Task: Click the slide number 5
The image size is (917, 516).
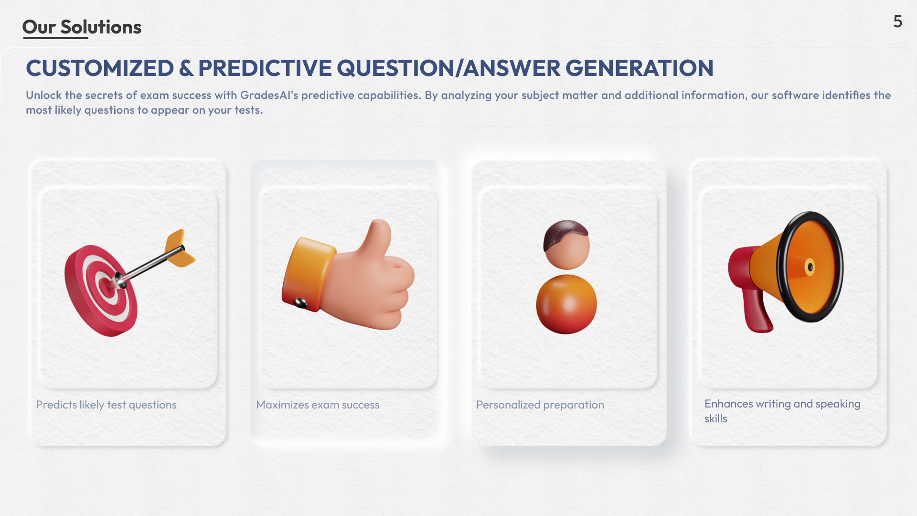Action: [x=897, y=21]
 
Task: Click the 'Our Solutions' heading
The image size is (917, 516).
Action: [x=82, y=27]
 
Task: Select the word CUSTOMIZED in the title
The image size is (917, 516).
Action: [x=100, y=68]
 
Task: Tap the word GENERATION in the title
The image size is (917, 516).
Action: [x=640, y=68]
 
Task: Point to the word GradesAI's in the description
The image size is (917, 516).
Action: [x=269, y=95]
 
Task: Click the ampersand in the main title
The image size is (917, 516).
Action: [x=186, y=68]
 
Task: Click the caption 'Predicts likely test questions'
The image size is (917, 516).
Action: [x=106, y=405]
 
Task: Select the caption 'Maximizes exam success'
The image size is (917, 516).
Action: [x=318, y=405]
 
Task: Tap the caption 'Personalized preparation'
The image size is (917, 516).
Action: [x=540, y=405]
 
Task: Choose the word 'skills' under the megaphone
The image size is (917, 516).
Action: [x=715, y=419]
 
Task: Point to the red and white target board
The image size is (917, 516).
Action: [x=100, y=291]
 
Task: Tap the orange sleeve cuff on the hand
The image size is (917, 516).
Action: [x=308, y=274]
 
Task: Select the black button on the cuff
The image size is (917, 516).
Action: [x=300, y=303]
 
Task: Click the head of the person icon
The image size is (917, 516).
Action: [x=566, y=245]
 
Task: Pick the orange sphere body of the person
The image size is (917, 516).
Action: [x=566, y=304]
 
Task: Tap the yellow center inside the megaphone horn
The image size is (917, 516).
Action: [x=810, y=267]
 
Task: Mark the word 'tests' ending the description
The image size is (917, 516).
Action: [x=247, y=110]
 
